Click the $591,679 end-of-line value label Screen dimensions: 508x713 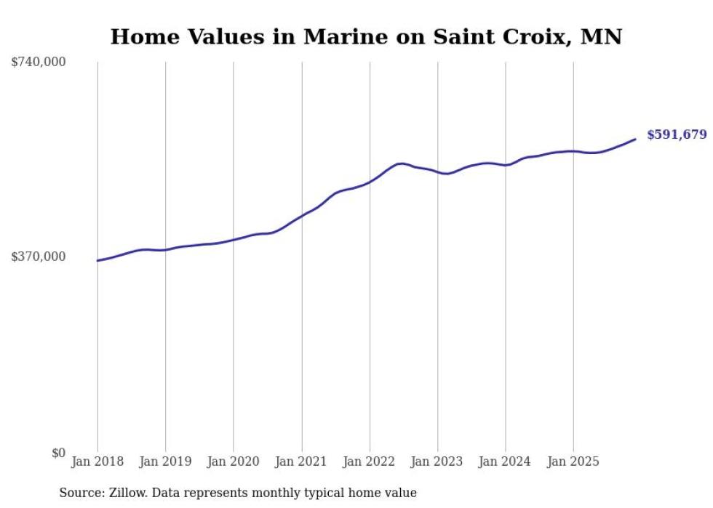(x=676, y=134)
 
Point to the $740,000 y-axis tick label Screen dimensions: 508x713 (x=39, y=63)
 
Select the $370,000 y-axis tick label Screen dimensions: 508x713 (x=39, y=257)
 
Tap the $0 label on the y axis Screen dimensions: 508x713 (x=58, y=453)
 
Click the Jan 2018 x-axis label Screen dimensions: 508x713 (x=97, y=461)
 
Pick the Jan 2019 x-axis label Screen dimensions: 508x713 (x=165, y=461)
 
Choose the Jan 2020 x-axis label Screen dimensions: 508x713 (x=234, y=461)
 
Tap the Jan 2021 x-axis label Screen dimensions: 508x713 (x=301, y=461)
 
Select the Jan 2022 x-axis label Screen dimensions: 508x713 (x=370, y=461)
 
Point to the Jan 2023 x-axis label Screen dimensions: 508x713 (x=437, y=461)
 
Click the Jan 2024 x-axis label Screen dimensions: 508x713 (x=506, y=461)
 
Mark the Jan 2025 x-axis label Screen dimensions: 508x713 (x=573, y=461)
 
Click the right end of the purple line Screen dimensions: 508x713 (x=635, y=139)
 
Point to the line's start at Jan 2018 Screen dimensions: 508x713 (x=97, y=260)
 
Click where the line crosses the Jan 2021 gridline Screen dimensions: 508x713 (x=301, y=215)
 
